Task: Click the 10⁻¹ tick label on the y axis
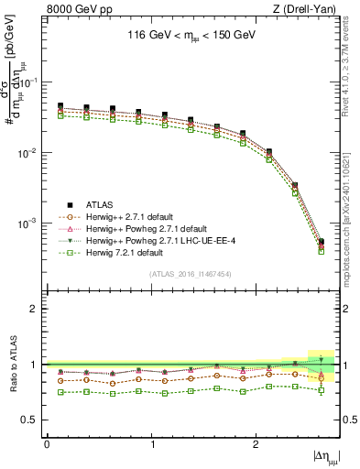pos(29,82)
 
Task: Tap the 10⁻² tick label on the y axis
pos(29,153)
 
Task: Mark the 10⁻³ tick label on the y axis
pos(29,224)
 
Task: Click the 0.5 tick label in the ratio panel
pos(31,420)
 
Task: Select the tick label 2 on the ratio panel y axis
pos(35,309)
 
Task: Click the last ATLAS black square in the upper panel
pos(321,242)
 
